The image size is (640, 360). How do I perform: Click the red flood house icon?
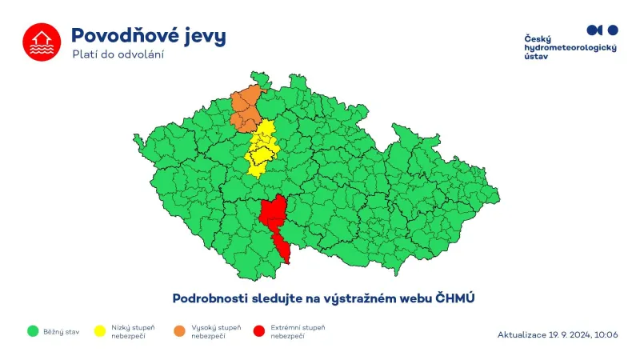[41, 42]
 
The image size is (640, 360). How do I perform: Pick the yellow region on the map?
[262, 147]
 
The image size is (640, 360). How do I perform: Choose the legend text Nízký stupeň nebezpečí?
[133, 331]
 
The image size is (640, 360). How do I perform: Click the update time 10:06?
[606, 334]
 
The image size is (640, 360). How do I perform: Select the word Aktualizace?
[523, 334]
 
